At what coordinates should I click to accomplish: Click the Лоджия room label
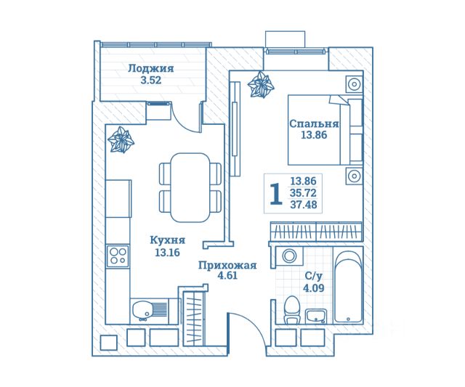click(x=150, y=69)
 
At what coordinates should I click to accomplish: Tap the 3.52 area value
click(x=150, y=81)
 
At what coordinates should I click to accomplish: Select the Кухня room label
click(x=167, y=240)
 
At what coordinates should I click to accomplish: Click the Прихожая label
click(x=227, y=265)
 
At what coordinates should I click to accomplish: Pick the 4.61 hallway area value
click(x=227, y=277)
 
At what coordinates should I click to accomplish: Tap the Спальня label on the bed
click(x=314, y=123)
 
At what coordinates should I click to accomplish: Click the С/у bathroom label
click(x=313, y=276)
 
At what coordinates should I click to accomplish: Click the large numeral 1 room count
click(x=275, y=194)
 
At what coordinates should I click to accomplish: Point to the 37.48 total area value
click(x=303, y=205)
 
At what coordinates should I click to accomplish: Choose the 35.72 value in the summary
click(x=303, y=193)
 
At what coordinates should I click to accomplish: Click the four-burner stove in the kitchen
click(x=117, y=256)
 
